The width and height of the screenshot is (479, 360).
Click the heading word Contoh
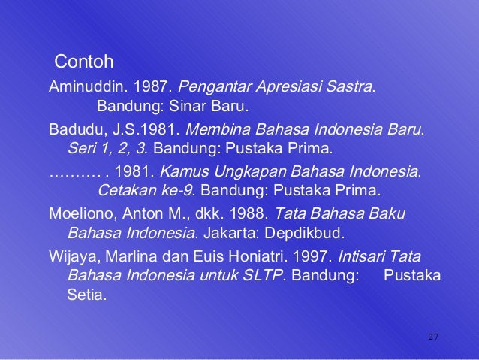[x=84, y=59]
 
